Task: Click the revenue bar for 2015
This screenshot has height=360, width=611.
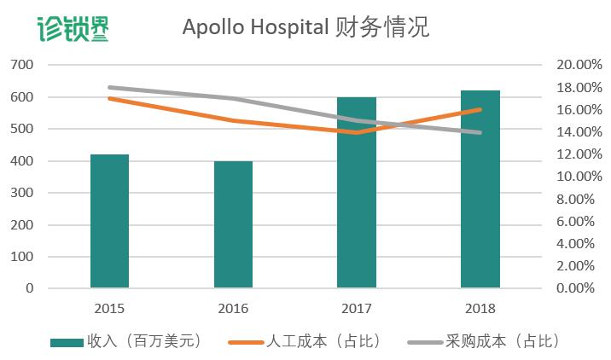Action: (109, 221)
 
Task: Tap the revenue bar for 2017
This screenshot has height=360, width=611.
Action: (357, 193)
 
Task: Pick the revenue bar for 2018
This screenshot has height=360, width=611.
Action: (480, 189)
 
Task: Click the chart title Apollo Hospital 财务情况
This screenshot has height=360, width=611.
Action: (305, 27)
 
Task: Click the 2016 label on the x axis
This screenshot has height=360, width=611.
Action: (233, 309)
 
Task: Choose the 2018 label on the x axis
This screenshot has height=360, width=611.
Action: (480, 309)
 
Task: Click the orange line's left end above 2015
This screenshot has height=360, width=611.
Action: (110, 98)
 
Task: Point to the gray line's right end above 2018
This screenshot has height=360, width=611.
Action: (480, 132)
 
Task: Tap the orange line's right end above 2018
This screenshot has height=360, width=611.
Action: (480, 109)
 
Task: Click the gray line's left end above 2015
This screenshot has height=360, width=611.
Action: (110, 87)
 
